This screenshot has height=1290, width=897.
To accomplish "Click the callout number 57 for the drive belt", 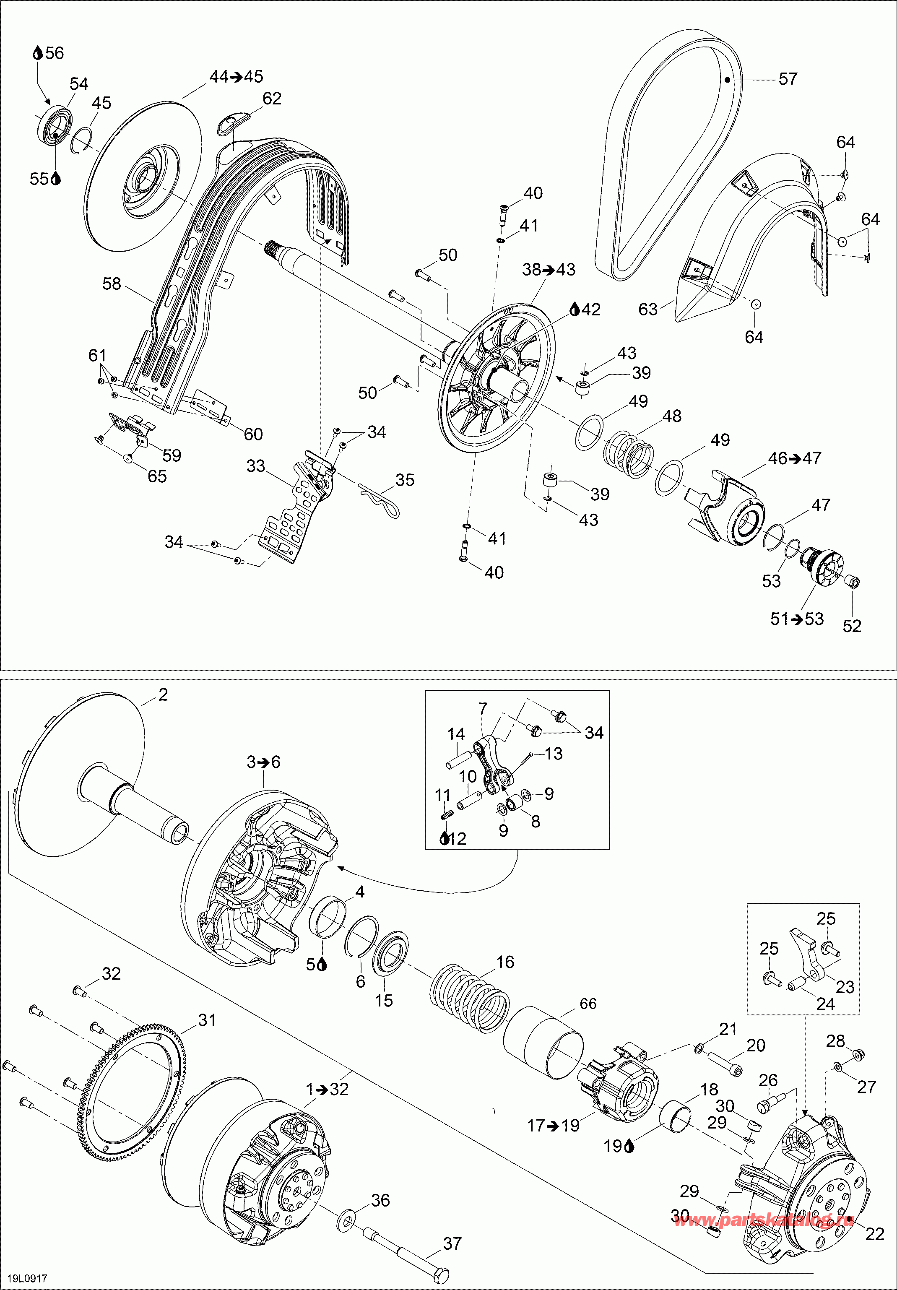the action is [788, 79].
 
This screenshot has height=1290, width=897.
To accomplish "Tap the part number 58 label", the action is [112, 284].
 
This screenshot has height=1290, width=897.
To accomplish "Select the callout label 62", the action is [272, 98].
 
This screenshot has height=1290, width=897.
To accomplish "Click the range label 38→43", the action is [549, 270].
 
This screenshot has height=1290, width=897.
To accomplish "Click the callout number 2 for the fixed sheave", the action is [163, 695].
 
